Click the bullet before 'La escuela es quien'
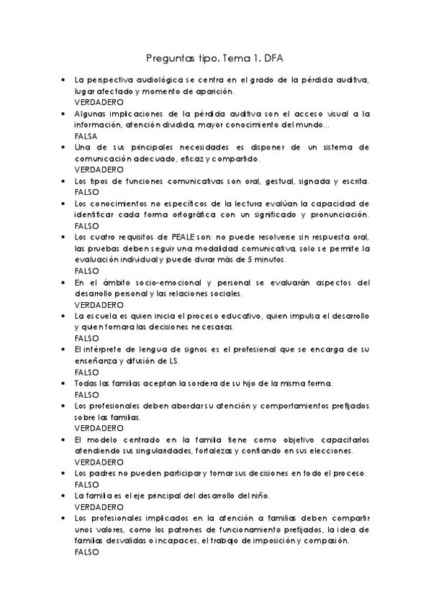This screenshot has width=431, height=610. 65,316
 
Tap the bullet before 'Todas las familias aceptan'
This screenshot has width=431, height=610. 65,383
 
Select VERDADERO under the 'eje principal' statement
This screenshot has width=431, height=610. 99,506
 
